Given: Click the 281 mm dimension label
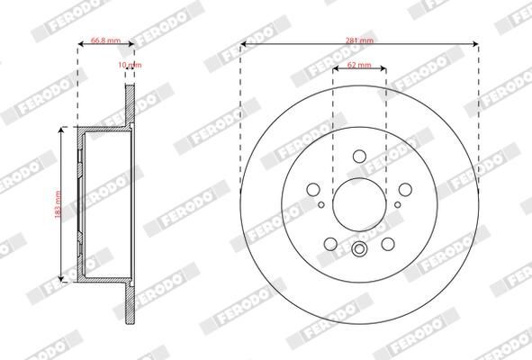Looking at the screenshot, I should pos(358,39).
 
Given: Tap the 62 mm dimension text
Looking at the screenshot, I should pos(358,66).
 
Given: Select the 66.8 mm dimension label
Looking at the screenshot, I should pos(105,40).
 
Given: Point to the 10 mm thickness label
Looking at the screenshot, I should pos(131,66).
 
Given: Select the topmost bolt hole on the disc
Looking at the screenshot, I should pos(359,157).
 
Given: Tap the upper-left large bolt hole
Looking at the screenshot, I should pos(315,189).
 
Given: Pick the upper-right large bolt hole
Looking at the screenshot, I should pos(403,189).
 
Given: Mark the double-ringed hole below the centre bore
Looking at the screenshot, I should pos(359,251).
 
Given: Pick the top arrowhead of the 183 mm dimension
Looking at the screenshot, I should pos(61,130).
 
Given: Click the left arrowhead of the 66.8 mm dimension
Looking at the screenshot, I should pos(80,47).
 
